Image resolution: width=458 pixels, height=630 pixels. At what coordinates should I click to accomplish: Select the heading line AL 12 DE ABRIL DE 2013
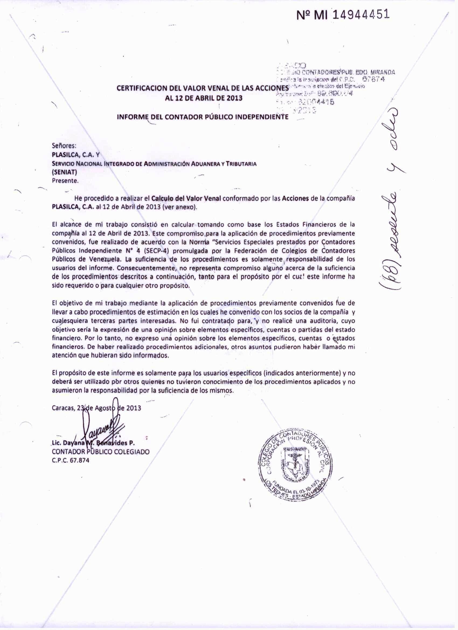click(x=204, y=98)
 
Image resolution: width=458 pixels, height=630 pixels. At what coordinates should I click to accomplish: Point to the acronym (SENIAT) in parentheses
click(x=64, y=172)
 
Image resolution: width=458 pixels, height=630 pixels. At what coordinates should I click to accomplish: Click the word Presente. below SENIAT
click(x=65, y=181)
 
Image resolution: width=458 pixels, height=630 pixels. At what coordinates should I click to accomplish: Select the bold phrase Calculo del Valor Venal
click(x=186, y=199)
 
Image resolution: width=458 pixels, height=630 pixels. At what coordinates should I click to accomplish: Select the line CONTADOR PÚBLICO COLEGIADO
click(x=100, y=452)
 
